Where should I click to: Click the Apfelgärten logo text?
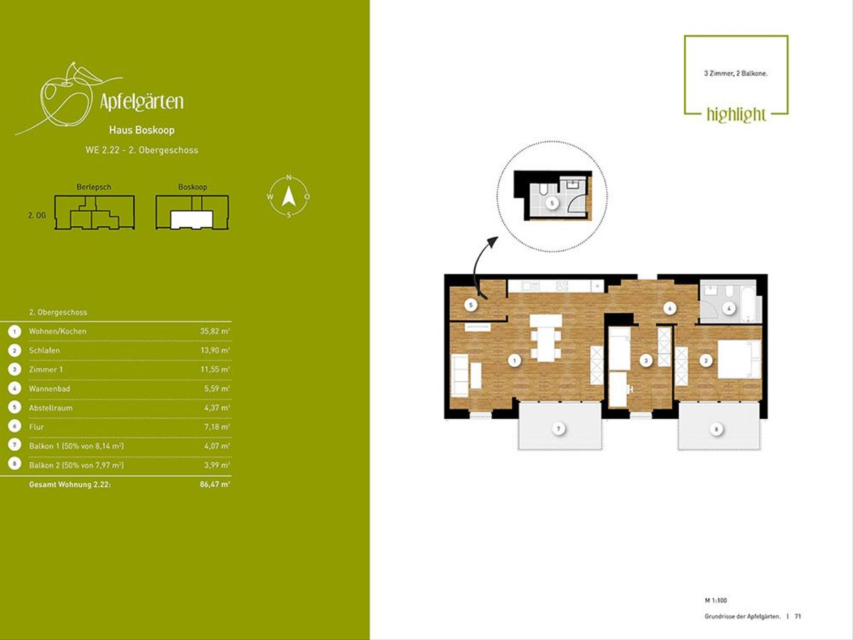click(141, 102)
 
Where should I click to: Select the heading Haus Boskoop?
click(142, 130)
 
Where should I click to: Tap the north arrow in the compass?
click(289, 196)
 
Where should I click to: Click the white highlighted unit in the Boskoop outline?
click(192, 220)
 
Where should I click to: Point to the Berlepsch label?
click(94, 187)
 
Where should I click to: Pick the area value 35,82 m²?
click(215, 331)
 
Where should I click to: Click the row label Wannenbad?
click(49, 388)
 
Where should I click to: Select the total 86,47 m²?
click(215, 484)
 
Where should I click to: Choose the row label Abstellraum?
click(50, 408)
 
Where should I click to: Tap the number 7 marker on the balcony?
click(559, 429)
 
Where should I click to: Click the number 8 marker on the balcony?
click(717, 430)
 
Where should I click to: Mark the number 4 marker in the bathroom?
click(729, 309)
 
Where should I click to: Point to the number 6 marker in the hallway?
click(670, 309)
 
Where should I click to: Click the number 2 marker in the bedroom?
click(706, 361)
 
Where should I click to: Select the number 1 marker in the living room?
click(515, 361)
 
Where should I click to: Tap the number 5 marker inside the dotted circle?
click(552, 203)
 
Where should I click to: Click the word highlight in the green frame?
click(736, 114)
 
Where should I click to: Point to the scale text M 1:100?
click(716, 600)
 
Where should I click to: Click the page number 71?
click(798, 617)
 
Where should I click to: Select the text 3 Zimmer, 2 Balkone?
click(736, 73)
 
